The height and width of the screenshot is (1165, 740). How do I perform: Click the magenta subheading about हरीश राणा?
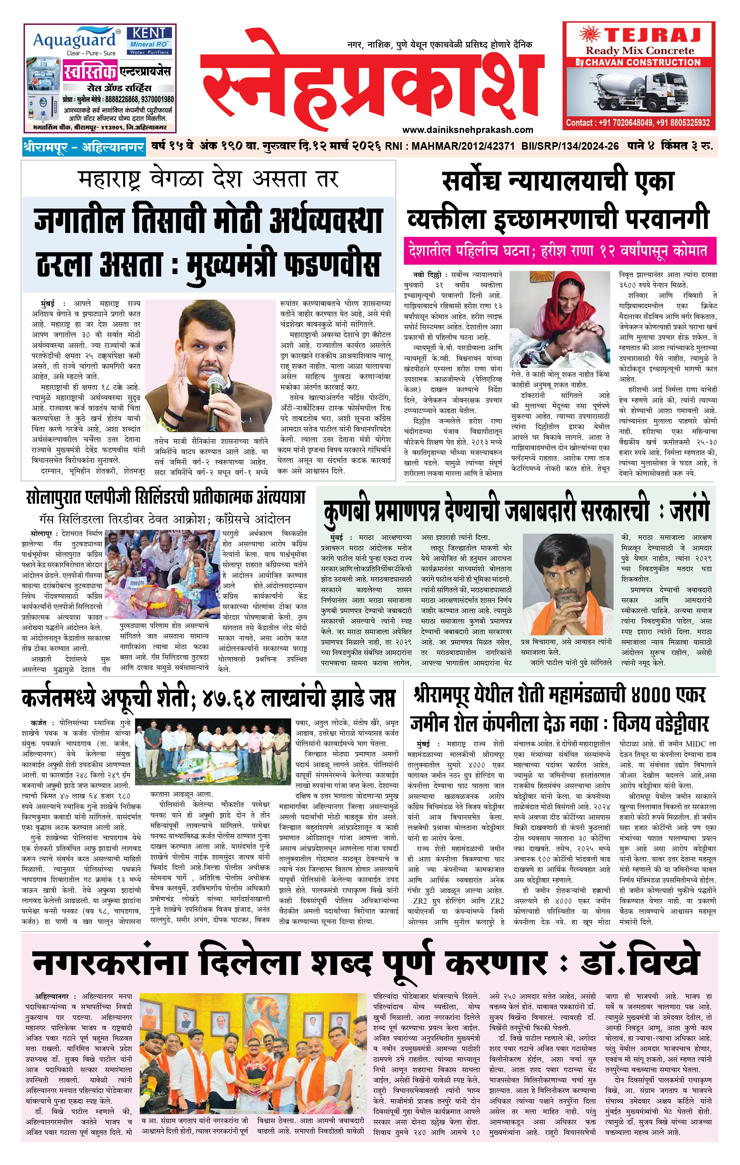click(560, 251)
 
